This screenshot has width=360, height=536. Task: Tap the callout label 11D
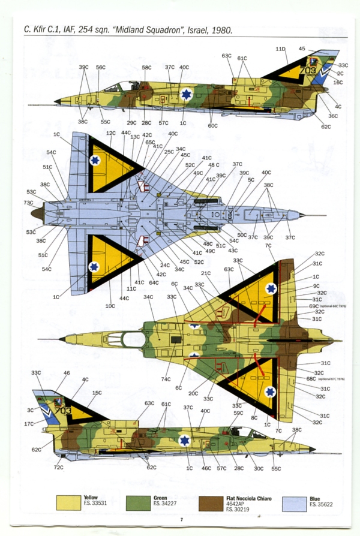pyautogui.click(x=281, y=49)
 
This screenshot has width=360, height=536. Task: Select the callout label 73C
pyautogui.click(x=29, y=203)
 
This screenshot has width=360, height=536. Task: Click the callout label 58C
pyautogui.click(x=146, y=68)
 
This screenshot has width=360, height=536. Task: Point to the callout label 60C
pyautogui.click(x=212, y=126)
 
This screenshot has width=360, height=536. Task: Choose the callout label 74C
pyautogui.click(x=166, y=379)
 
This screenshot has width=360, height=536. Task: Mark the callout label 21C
pyautogui.click(x=206, y=273)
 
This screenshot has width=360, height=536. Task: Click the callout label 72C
pyautogui.click(x=58, y=466)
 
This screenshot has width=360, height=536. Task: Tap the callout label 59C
pyautogui.click(x=238, y=413)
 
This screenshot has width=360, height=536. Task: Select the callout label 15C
pyautogui.click(x=97, y=393)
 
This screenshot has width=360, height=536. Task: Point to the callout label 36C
pyautogui.click(x=334, y=116)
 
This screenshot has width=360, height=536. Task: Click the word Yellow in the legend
pyautogui.click(x=91, y=498)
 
